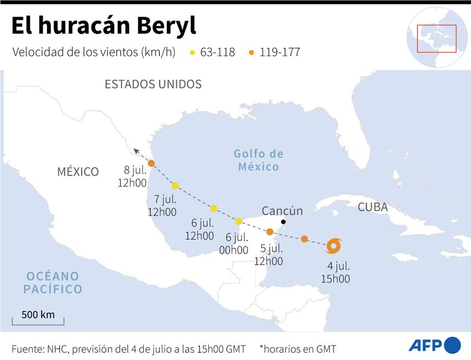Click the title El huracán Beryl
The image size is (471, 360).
[x=103, y=25]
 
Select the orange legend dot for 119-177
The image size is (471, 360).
[x=252, y=52]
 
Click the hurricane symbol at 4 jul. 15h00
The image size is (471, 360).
[x=334, y=246]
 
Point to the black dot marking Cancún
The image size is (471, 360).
[x=283, y=222]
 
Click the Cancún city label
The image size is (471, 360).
[x=282, y=210]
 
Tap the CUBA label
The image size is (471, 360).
[x=373, y=207]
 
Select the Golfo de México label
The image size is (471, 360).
[x=258, y=160]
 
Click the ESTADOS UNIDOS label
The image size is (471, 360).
[x=153, y=84]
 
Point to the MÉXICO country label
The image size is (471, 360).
[x=78, y=172]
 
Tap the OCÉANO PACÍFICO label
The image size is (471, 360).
[x=52, y=283]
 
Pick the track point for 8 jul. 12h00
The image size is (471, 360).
[x=151, y=163]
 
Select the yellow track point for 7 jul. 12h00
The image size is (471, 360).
[x=175, y=185]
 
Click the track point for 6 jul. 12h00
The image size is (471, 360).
[x=214, y=208]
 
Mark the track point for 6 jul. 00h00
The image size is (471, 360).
[x=238, y=221]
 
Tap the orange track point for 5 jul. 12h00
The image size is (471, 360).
[x=270, y=231]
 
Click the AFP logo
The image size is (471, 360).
[x=434, y=345]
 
